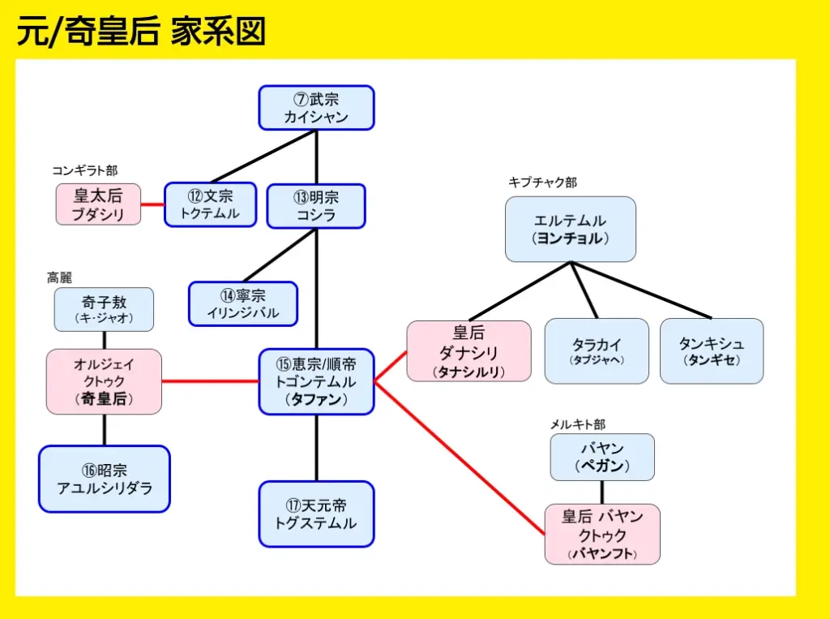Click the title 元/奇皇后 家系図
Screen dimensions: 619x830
pos(141,32)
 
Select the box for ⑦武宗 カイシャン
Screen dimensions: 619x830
pos(316,108)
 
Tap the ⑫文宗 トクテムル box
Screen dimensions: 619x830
pos(210,204)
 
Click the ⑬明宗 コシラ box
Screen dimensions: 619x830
pos(316,206)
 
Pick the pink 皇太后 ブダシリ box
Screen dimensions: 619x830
pos(98,204)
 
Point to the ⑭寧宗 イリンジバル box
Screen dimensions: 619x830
pos(243,304)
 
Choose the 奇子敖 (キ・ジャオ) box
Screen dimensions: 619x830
pos(104,309)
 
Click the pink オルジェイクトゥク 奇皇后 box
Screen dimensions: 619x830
pos(104,382)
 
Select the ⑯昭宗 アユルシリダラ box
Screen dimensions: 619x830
pos(104,479)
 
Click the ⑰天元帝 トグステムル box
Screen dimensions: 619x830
pos(316,514)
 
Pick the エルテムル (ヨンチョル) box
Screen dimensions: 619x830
pos(570,229)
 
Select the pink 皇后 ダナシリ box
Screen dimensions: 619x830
pos(468,351)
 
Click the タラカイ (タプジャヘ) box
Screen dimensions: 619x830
pos(597,350)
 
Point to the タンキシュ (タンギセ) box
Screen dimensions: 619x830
pos(711,350)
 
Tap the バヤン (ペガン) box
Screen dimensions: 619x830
pos(601,457)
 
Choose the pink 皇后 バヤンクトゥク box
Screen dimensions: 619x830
pos(601,534)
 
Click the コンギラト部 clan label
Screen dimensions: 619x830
pos(84,170)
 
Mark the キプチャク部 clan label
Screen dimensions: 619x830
pos(542,183)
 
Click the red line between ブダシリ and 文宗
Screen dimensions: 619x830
pos(152,204)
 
